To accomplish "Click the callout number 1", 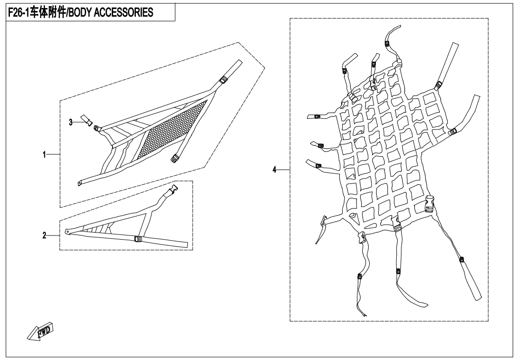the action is point(44,154).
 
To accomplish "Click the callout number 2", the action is point(44,235).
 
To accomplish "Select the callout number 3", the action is point(71,122).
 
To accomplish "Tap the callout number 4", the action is point(274,170).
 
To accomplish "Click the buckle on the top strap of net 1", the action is point(223,80).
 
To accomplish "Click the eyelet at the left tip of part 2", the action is point(68,231).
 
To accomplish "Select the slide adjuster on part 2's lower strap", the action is point(138,239).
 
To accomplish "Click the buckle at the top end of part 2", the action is point(173,189).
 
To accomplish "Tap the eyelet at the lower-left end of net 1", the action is point(80,183).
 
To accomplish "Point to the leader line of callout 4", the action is point(284,170).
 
